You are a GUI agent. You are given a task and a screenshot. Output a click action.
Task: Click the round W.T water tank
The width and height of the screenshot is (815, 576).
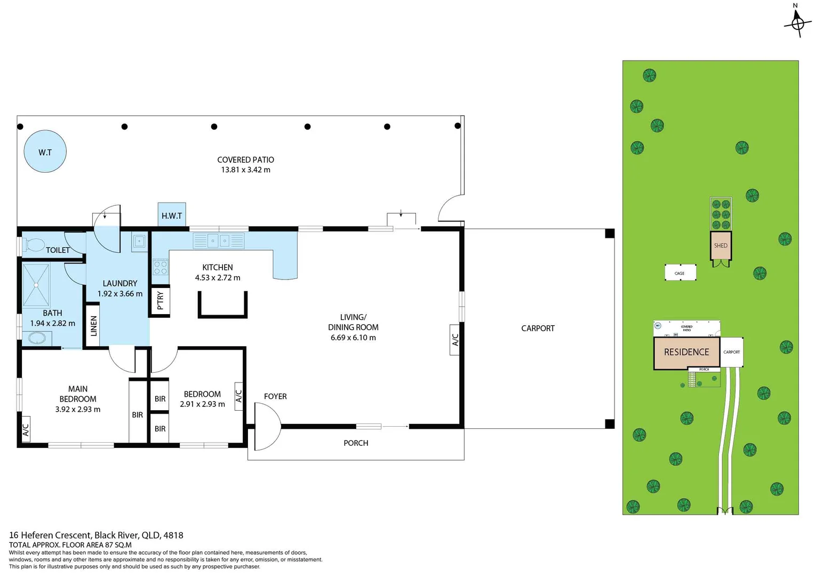tap(45, 151)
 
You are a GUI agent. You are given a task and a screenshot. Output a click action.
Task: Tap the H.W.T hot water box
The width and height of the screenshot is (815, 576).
tap(172, 215)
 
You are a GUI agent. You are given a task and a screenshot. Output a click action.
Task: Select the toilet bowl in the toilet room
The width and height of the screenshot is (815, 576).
tap(35, 245)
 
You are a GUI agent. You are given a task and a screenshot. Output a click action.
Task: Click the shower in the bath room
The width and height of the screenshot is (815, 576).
tap(36, 285)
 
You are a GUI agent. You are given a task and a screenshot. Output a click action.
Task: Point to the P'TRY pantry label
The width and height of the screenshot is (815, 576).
tap(160, 300)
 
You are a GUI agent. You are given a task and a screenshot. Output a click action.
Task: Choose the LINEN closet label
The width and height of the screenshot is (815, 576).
tap(93, 325)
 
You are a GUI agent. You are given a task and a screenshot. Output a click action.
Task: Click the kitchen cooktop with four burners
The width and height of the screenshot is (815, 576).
tap(161, 267)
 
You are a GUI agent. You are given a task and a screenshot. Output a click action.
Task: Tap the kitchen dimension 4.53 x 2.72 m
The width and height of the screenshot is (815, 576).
tap(218, 278)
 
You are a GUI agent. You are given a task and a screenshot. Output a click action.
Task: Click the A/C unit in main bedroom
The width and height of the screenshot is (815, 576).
tap(25, 430)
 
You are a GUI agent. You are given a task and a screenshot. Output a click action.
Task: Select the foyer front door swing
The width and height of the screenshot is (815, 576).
tap(267, 426)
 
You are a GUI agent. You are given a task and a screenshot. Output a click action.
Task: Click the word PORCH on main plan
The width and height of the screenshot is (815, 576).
tap(356, 443)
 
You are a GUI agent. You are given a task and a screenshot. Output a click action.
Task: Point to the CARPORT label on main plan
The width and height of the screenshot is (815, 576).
tap(538, 329)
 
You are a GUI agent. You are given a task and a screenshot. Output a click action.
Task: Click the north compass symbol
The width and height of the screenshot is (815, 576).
tap(797, 23)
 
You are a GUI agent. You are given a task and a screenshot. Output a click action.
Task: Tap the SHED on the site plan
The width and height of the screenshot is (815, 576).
tap(721, 246)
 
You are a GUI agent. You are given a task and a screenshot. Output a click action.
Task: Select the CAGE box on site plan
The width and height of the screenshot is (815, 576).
tap(680, 273)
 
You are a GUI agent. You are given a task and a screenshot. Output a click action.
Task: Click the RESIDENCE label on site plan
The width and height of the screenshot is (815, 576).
tap(686, 352)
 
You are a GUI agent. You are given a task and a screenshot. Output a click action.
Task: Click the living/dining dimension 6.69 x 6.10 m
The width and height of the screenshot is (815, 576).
tap(353, 338)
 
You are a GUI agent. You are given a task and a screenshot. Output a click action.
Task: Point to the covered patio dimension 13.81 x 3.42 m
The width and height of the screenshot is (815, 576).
tap(245, 170)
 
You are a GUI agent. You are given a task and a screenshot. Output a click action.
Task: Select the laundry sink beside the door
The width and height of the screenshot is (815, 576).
tap(139, 242)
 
